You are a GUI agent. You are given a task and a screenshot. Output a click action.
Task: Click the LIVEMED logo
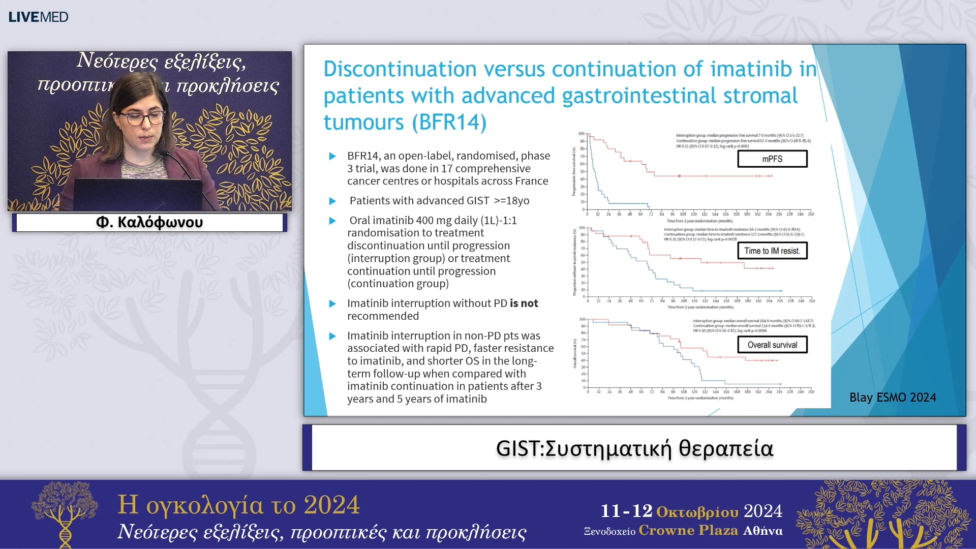click(x=38, y=17)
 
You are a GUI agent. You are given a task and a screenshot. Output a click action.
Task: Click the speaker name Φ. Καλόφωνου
click(x=149, y=223)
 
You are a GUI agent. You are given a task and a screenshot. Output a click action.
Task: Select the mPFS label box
click(x=772, y=159)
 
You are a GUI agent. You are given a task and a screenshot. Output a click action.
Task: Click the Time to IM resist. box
click(x=772, y=251)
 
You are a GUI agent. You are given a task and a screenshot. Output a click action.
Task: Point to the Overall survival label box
click(x=772, y=345)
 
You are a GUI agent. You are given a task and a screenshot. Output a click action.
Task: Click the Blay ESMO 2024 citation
click(x=892, y=398)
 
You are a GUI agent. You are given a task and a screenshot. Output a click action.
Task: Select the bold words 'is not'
click(x=524, y=303)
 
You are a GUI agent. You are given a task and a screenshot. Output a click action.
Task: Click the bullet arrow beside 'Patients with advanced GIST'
click(x=332, y=201)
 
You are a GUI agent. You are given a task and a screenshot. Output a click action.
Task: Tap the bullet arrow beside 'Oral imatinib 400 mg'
click(x=332, y=221)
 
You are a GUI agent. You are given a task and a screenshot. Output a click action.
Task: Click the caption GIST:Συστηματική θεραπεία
click(x=634, y=448)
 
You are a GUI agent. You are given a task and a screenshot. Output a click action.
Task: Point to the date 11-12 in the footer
click(x=626, y=511)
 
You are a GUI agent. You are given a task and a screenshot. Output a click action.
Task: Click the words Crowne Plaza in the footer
click(x=688, y=531)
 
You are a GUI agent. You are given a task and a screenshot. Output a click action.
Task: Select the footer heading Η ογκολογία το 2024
click(x=238, y=505)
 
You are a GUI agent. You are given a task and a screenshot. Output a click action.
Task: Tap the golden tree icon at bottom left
click(x=65, y=513)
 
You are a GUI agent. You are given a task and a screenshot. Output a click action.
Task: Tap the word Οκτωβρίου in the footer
click(x=697, y=511)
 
